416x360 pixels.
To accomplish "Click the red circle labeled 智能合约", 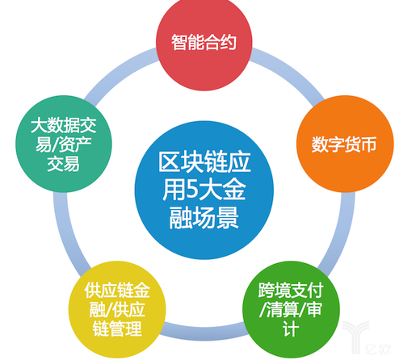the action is click(204, 43).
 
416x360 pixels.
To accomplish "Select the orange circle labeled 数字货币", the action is click(345, 144).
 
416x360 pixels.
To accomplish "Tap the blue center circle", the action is click(204, 190).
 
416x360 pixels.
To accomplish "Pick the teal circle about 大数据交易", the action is click(64, 144).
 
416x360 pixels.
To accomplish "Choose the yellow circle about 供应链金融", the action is click(117, 309).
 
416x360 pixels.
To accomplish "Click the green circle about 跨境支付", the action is click(291, 309).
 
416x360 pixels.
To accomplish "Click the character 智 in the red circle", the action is click(179, 42).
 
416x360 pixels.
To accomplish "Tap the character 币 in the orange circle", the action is click(368, 144).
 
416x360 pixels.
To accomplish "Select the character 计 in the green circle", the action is click(291, 329).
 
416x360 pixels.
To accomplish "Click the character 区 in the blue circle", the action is click(169, 162).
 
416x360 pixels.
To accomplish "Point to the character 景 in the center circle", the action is click(228, 218).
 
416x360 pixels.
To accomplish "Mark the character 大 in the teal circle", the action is click(39, 126).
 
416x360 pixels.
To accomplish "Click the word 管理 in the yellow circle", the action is click(125, 329).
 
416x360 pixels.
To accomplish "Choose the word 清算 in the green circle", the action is click(283, 309).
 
